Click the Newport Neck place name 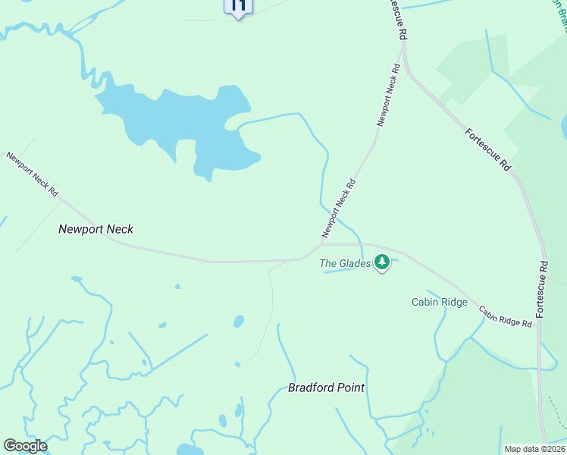pyautogui.click(x=96, y=228)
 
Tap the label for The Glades pyautogui.click(x=345, y=264)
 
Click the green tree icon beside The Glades pyautogui.click(x=383, y=262)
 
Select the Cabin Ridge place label pyautogui.click(x=440, y=302)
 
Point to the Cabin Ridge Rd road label pyautogui.click(x=506, y=316)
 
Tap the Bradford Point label pyautogui.click(x=326, y=388)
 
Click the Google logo pyautogui.click(x=25, y=446)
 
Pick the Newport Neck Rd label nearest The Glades pyautogui.click(x=339, y=207)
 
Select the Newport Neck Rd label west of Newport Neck pyautogui.click(x=32, y=174)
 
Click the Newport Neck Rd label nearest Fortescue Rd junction pyautogui.click(x=388, y=95)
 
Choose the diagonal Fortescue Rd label pyautogui.click(x=487, y=149)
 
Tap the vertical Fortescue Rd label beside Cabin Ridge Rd pyautogui.click(x=541, y=290)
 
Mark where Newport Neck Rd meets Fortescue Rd pyautogui.click(x=403, y=47)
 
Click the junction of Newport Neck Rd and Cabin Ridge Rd pyautogui.click(x=321, y=244)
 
